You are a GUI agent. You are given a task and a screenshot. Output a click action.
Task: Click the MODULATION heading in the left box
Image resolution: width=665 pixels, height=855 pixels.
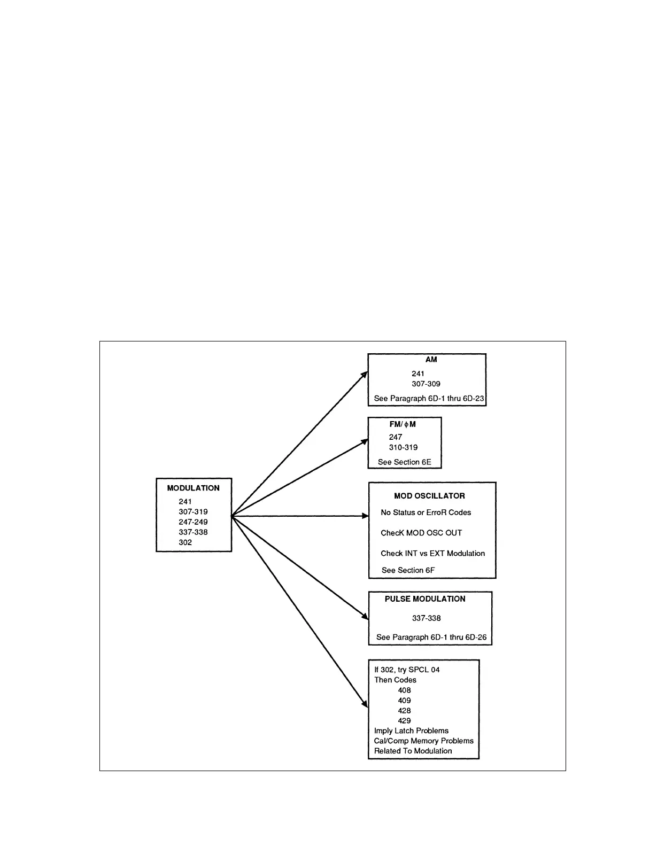pyautogui.click(x=193, y=488)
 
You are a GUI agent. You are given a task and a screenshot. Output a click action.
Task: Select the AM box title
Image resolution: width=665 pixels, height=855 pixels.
pyautogui.click(x=431, y=360)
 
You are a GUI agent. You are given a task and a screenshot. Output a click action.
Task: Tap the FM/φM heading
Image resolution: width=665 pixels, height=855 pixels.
pyautogui.click(x=403, y=424)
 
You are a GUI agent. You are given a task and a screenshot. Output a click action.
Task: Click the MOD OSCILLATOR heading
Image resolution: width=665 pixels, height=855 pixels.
pyautogui.click(x=429, y=496)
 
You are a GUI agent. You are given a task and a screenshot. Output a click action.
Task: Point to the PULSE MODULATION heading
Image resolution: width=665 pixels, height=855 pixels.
pyautogui.click(x=425, y=599)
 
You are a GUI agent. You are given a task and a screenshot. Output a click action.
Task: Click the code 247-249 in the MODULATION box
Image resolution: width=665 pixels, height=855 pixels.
pyautogui.click(x=193, y=522)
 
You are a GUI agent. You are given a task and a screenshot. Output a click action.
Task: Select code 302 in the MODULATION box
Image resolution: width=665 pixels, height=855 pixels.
pyautogui.click(x=185, y=542)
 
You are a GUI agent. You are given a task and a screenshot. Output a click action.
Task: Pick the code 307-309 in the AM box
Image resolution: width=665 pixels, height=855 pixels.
pyautogui.click(x=426, y=384)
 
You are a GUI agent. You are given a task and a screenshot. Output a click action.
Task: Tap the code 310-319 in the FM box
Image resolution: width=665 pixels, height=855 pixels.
pyautogui.click(x=403, y=447)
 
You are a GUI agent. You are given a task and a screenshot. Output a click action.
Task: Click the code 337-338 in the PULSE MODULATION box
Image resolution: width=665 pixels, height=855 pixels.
pyautogui.click(x=426, y=618)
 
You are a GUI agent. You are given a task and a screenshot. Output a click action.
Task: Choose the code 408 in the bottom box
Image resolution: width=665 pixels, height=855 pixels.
pyautogui.click(x=404, y=690)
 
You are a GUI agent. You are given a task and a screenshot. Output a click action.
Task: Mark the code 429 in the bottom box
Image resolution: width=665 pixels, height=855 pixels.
pyautogui.click(x=404, y=721)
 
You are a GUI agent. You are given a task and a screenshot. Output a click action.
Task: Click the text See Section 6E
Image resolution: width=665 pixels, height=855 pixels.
pyautogui.click(x=404, y=462)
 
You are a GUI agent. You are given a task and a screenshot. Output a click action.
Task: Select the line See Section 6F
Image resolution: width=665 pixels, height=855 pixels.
pyautogui.click(x=408, y=570)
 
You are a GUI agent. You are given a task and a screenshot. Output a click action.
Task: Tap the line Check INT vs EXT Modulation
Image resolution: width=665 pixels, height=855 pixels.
pyautogui.click(x=432, y=554)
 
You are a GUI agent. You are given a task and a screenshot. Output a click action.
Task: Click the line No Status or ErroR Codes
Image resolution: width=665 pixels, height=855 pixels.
pyautogui.click(x=426, y=512)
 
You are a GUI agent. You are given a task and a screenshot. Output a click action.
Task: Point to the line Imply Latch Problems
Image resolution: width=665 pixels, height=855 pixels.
pyautogui.click(x=411, y=731)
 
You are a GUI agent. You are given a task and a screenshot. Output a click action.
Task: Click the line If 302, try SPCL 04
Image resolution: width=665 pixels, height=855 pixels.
pyautogui.click(x=407, y=670)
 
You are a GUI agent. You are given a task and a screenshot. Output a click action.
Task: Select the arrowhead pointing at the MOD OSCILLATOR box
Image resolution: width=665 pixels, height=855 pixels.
pyautogui.click(x=366, y=516)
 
